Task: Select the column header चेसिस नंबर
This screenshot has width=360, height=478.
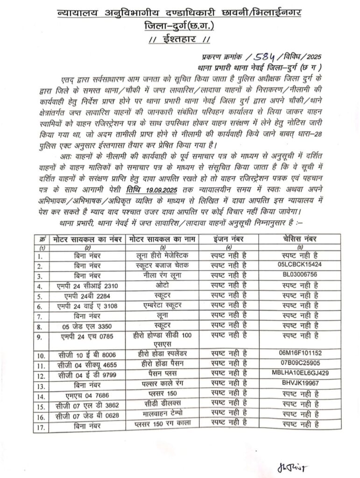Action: (297, 239)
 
